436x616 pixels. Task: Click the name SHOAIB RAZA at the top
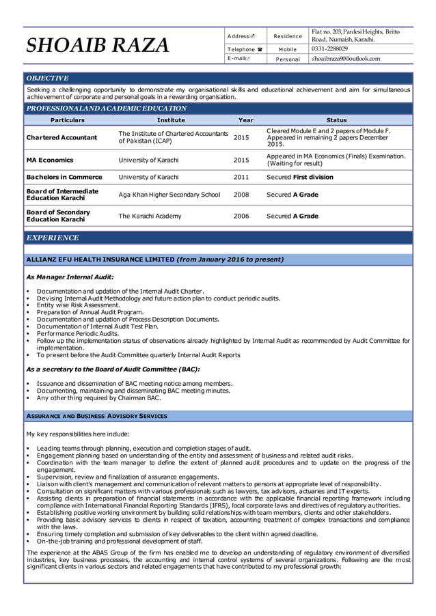click(x=97, y=46)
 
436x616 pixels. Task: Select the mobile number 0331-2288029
click(x=329, y=49)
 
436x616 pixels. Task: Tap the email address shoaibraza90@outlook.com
click(x=345, y=59)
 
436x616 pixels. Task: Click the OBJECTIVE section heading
click(x=47, y=79)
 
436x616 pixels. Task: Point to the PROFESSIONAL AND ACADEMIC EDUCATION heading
click(x=106, y=109)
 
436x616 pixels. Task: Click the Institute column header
click(x=171, y=120)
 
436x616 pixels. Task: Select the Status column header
click(x=337, y=120)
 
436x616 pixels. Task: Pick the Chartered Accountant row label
click(x=62, y=137)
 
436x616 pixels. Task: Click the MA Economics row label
click(x=50, y=160)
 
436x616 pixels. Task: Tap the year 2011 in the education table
click(x=241, y=177)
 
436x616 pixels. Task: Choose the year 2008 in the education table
click(x=241, y=195)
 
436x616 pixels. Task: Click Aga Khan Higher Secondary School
click(x=169, y=195)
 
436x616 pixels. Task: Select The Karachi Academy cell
click(x=150, y=216)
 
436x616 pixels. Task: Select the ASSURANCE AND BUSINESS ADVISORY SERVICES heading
click(x=96, y=415)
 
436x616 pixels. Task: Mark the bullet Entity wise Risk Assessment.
click(x=79, y=305)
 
